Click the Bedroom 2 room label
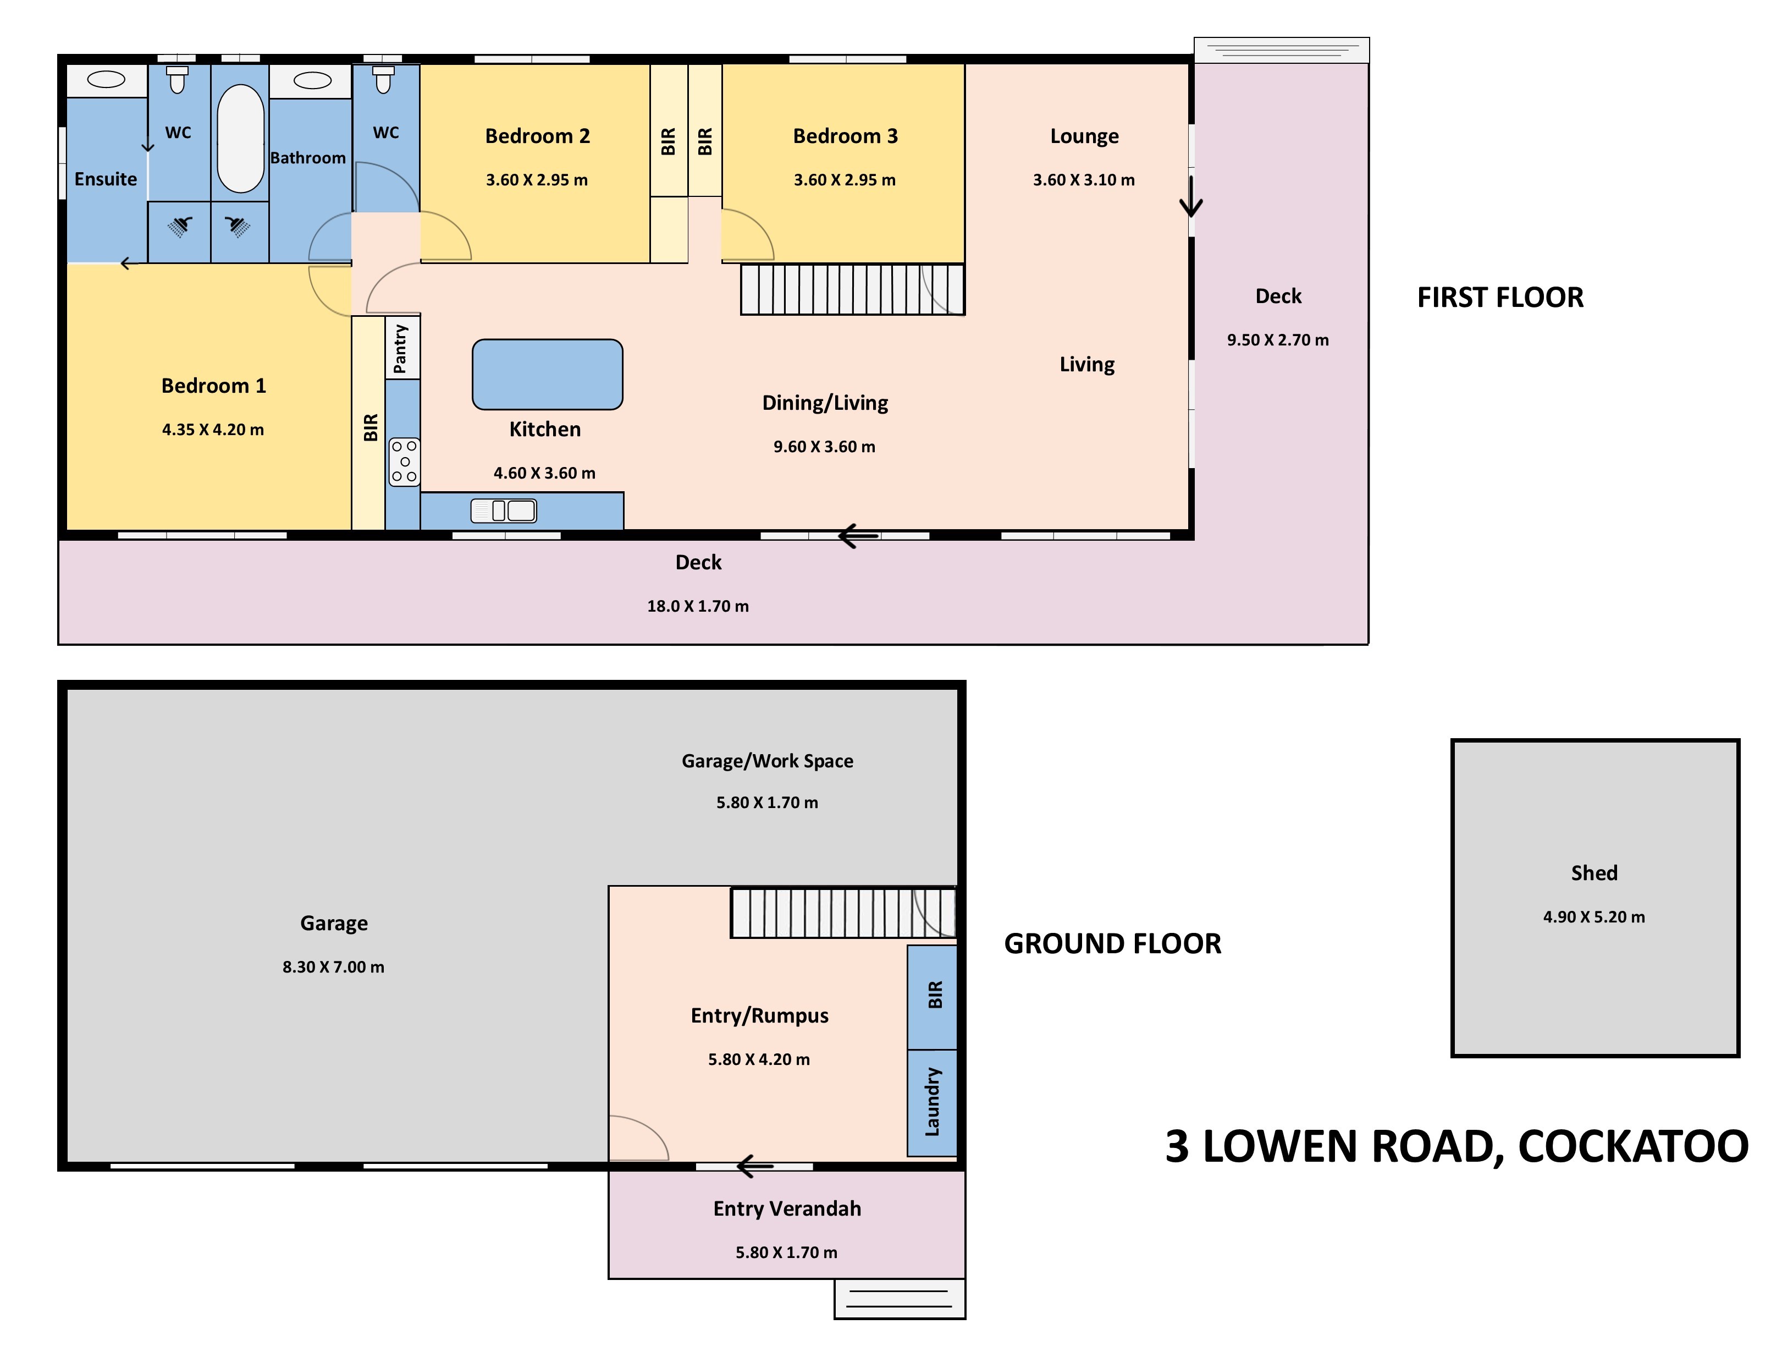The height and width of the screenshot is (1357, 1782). [x=537, y=136]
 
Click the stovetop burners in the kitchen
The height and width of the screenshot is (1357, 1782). [x=405, y=462]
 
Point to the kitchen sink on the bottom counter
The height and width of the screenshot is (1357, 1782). [x=504, y=510]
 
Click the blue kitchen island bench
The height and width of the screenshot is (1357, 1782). [x=548, y=374]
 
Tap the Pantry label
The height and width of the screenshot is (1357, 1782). [x=400, y=349]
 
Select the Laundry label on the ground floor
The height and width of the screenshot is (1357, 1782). [x=933, y=1102]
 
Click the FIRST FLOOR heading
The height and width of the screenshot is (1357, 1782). [x=1500, y=297]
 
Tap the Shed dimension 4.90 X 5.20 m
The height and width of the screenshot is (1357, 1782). [x=1594, y=917]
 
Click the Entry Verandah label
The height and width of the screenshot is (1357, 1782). [x=787, y=1208]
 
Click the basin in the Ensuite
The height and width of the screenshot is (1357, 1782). [x=106, y=79]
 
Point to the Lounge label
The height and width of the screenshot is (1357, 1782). [x=1084, y=136]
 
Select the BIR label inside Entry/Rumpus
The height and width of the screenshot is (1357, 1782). [x=935, y=995]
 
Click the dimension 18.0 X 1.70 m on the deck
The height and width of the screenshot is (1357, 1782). [x=698, y=606]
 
